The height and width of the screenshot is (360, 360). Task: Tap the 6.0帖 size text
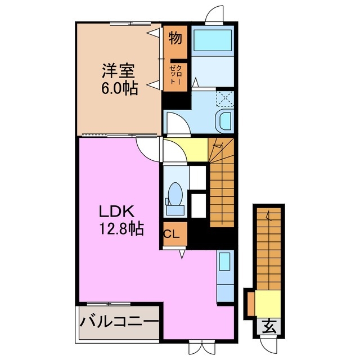pos(119,89)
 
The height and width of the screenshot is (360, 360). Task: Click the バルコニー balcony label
pos(119,322)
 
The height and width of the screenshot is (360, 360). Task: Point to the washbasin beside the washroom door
pos(224,121)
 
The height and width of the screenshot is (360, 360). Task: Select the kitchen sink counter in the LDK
pos(224,276)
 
